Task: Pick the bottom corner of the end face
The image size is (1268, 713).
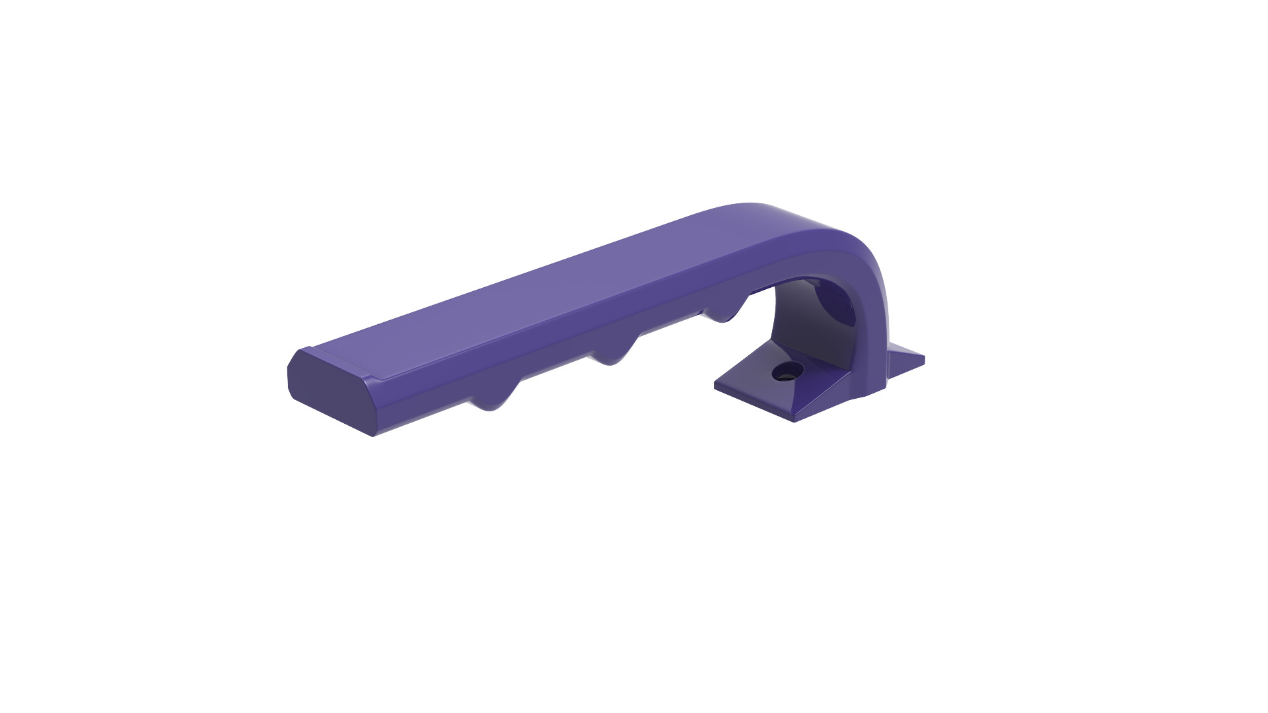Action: [x=373, y=435]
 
